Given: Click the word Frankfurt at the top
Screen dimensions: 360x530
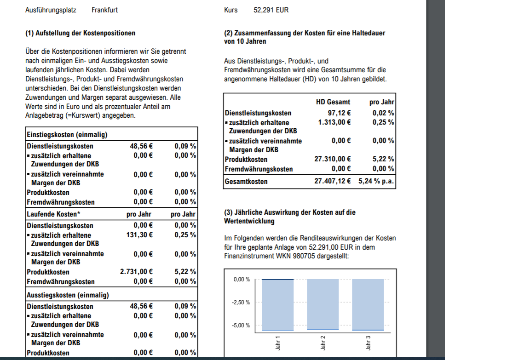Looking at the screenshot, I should point(104,10).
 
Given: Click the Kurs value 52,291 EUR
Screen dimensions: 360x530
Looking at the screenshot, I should point(271,10).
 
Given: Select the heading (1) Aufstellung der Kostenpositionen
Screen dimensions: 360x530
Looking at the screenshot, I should point(81,33).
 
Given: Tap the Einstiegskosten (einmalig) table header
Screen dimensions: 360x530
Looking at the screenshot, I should point(67,135).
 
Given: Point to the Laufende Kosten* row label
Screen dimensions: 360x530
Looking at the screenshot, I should point(54,214).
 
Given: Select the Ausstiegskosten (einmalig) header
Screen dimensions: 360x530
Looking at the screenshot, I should point(68,295).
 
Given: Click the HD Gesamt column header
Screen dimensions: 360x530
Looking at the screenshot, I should point(333,102).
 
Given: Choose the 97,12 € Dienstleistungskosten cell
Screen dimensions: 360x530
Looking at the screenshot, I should point(339,113).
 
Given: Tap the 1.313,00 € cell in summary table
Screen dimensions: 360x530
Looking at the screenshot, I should point(334,122).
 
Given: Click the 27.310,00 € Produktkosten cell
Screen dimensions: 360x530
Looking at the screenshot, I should point(333,159).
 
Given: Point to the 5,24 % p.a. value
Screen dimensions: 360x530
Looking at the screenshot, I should point(376,182).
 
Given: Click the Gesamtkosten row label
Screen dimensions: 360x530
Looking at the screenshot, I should point(246,182).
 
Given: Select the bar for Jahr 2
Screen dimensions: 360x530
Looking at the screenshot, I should point(323,304).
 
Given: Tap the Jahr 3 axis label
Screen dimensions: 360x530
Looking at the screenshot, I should point(368,343).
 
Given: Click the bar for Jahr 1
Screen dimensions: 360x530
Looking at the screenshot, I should point(278,304).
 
